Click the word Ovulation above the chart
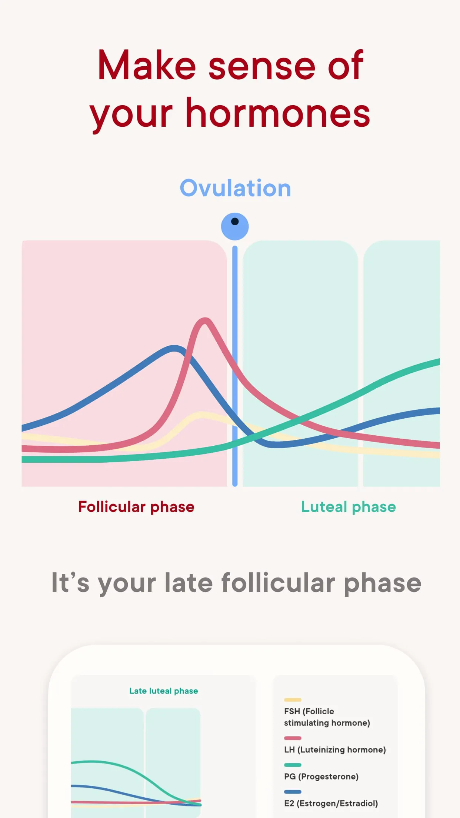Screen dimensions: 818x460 pos(235,188)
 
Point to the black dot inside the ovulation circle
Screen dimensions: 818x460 pos(235,222)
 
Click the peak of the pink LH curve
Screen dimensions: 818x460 pos(205,320)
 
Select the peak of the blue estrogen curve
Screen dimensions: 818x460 pos(174,348)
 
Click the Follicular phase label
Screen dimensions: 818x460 pos(136,507)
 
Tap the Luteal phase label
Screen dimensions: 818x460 pos(348,507)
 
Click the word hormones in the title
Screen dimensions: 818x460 pos(278,113)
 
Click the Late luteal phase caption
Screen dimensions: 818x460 pos(163,691)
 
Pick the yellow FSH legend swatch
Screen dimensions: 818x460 pos(293,700)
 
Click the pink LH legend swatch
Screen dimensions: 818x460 pos(293,738)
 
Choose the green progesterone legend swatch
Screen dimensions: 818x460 pos(293,765)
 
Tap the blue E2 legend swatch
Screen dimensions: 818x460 pos(293,792)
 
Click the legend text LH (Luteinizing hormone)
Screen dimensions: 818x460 pos(335,750)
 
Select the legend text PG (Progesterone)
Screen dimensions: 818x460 pos(321,777)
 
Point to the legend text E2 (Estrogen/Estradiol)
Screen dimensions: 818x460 pos(331,803)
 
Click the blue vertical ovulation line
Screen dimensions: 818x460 pos(235,333)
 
